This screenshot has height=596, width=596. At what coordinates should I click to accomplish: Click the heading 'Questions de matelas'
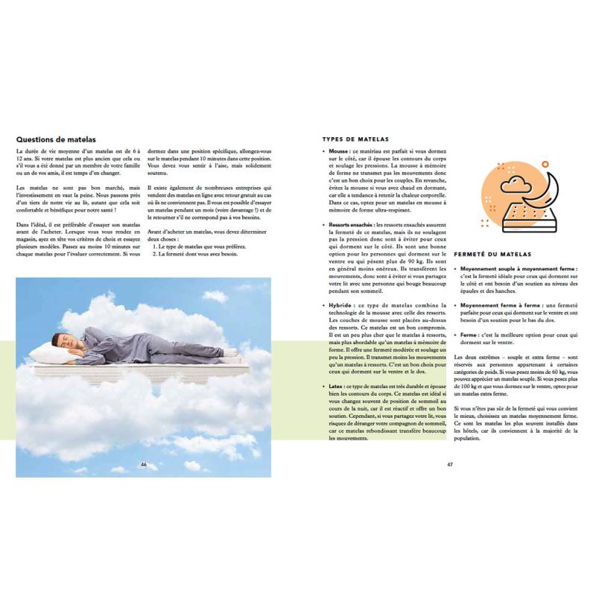click(x=54, y=138)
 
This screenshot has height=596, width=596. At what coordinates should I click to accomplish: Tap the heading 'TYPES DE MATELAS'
click(x=355, y=139)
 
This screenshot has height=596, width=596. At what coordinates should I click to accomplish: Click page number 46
click(x=144, y=464)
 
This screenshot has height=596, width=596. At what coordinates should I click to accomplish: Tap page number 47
click(x=450, y=464)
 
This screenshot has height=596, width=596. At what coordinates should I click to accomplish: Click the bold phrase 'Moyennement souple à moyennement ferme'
click(x=517, y=267)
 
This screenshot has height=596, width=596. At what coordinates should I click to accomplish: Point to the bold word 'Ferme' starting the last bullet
click(x=469, y=335)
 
